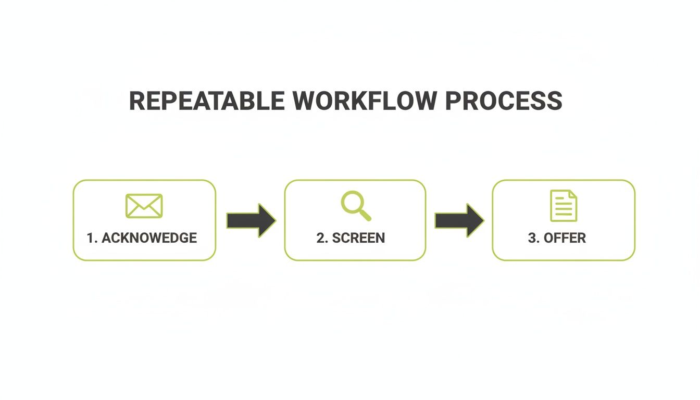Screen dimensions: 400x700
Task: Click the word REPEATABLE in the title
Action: [207, 101]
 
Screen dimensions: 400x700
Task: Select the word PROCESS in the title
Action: [504, 101]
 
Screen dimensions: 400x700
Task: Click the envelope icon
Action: [144, 206]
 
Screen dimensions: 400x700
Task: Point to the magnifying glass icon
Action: [356, 206]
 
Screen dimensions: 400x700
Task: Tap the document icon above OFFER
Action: [564, 206]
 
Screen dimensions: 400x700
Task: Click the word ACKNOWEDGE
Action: [149, 238]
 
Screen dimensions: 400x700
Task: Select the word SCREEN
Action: [358, 238]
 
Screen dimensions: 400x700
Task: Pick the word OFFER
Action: [565, 238]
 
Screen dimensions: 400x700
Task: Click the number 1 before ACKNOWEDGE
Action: [91, 238]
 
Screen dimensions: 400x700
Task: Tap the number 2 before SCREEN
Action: [320, 238]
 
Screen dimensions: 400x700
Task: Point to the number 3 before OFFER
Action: [532, 238]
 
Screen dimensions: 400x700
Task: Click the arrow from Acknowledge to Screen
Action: [251, 220]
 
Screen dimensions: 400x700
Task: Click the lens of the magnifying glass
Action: [352, 202]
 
